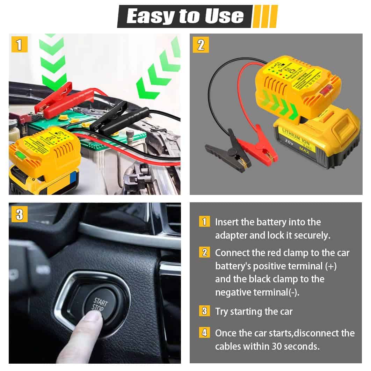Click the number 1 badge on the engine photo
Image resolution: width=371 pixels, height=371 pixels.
point(19,45)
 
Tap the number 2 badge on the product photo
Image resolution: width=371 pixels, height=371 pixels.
point(201,45)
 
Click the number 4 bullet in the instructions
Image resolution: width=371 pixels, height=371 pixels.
point(204,333)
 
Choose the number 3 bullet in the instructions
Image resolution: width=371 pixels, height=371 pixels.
point(204,311)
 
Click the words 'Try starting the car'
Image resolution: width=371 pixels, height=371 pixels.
point(254,311)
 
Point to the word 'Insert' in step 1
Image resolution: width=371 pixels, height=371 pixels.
point(227,222)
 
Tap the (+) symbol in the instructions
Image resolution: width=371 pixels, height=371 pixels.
point(330,266)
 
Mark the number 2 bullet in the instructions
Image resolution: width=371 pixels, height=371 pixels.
point(204,252)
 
